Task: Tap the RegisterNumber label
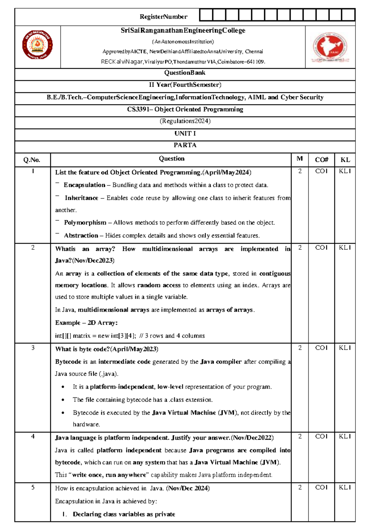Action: [x=163, y=17]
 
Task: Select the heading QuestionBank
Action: [x=185, y=73]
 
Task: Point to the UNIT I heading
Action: [x=185, y=134]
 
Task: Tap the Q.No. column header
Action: [x=32, y=160]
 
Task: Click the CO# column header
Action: [x=321, y=160]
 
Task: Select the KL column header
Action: [x=345, y=160]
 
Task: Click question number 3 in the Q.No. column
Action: [x=33, y=348]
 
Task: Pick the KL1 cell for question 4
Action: [x=345, y=436]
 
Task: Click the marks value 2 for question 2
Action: [x=300, y=248]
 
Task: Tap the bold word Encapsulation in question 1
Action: [x=84, y=185]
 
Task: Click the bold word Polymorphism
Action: [x=85, y=223]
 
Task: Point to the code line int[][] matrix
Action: [x=129, y=336]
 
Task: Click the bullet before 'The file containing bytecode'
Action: [x=63, y=400]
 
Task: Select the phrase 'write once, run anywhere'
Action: [x=109, y=475]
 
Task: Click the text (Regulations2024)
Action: [x=185, y=121]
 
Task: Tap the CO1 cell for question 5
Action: [x=321, y=487]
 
